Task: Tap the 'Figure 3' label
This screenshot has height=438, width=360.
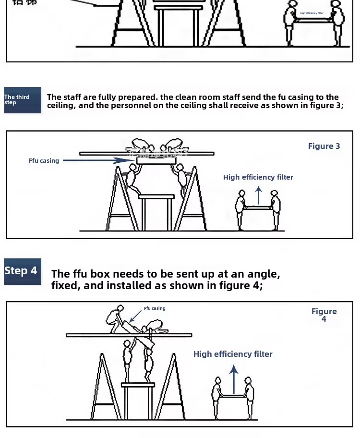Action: click(324, 146)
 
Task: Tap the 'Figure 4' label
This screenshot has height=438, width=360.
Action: click(324, 315)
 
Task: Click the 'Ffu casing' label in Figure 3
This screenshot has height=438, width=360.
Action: click(44, 161)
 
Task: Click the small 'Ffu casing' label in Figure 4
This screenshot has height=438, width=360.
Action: click(155, 308)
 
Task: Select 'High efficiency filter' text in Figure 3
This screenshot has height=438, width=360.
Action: click(258, 177)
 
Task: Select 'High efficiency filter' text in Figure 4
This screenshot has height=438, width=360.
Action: click(233, 354)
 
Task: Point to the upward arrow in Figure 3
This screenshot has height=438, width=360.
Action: click(258, 195)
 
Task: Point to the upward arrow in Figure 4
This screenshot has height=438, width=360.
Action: click(234, 378)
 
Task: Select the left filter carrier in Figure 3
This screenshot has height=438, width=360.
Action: click(241, 208)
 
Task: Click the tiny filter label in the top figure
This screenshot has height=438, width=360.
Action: click(312, 13)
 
